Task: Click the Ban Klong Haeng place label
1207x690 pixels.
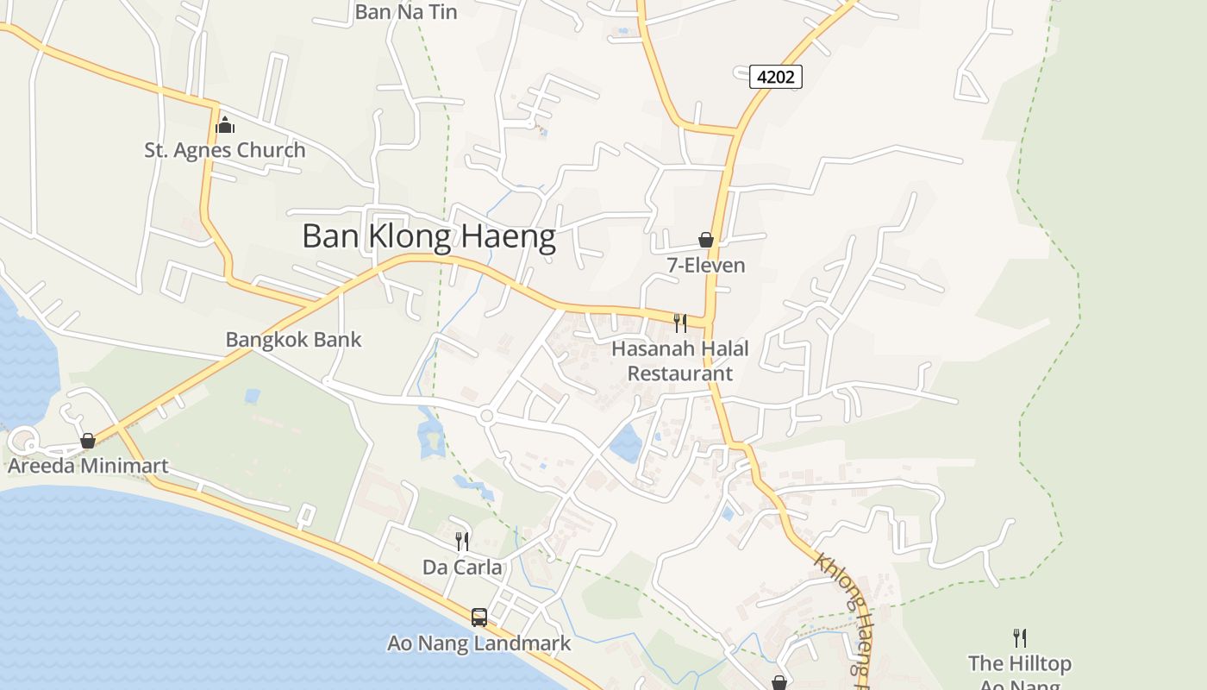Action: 428,236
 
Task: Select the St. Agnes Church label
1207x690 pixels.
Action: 224,150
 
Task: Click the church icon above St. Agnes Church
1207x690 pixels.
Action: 225,125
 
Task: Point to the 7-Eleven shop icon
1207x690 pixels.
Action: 706,240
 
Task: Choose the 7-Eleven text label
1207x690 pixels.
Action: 706,266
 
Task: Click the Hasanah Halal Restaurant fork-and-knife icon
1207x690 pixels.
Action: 680,323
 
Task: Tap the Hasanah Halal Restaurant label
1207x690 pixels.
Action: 680,361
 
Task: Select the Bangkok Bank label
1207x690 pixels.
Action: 293,340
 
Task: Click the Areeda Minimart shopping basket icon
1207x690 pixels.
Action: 88,442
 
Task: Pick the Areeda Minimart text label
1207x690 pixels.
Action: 88,467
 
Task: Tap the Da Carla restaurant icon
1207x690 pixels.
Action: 462,542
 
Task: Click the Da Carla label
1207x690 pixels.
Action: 462,568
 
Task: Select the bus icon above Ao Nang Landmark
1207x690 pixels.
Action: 479,618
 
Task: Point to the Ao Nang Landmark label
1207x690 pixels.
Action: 479,643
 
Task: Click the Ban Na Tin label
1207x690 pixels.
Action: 406,12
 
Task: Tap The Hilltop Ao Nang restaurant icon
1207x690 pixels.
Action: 1020,638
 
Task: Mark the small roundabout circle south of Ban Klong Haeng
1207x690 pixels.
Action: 486,417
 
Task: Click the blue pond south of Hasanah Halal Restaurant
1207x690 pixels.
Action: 627,442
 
